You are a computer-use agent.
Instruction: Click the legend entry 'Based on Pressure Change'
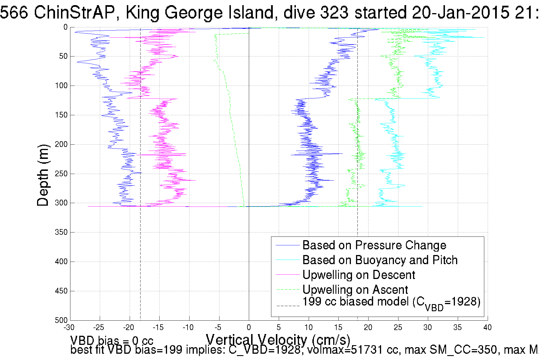pos(374,245)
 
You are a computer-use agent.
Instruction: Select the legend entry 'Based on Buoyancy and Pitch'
pos(380,260)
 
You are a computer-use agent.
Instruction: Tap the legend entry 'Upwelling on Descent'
pos(358,275)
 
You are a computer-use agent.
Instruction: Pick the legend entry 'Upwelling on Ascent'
pos(355,290)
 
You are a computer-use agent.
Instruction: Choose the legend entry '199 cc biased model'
pos(391,302)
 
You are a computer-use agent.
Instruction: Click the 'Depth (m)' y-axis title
pos(43,175)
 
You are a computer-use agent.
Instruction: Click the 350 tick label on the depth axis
pos(61,232)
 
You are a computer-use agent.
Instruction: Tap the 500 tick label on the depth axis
pos(61,320)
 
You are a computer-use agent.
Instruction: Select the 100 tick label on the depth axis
pos(61,86)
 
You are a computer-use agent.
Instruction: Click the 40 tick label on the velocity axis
pos(487,327)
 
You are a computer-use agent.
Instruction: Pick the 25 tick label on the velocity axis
pos(398,327)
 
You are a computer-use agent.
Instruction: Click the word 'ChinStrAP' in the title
pos(74,13)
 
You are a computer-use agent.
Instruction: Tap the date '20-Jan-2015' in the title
pos(460,13)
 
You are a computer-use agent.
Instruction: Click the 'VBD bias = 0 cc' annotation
pos(112,340)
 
